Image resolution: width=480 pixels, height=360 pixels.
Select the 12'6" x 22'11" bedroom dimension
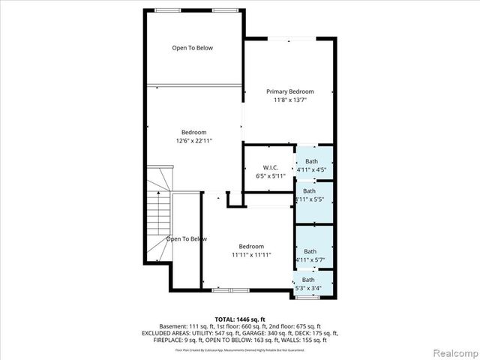(193, 140)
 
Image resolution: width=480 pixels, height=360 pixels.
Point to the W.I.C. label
(271, 166)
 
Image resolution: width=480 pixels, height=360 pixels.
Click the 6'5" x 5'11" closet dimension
(271, 175)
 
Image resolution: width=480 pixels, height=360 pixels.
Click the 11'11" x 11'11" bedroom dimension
(251, 255)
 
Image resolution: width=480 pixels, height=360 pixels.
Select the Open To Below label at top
(193, 48)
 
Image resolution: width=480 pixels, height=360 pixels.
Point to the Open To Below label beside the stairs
(186, 239)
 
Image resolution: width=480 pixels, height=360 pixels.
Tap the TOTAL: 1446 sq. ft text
(239, 319)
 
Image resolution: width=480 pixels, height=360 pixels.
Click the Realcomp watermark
(451, 351)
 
